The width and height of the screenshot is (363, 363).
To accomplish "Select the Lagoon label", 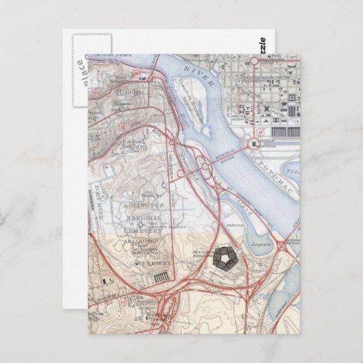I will tap(261, 244).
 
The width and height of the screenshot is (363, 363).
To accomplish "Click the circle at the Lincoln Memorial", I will tap(254, 143).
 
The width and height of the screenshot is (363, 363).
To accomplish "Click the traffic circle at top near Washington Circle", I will tap(253, 61).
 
